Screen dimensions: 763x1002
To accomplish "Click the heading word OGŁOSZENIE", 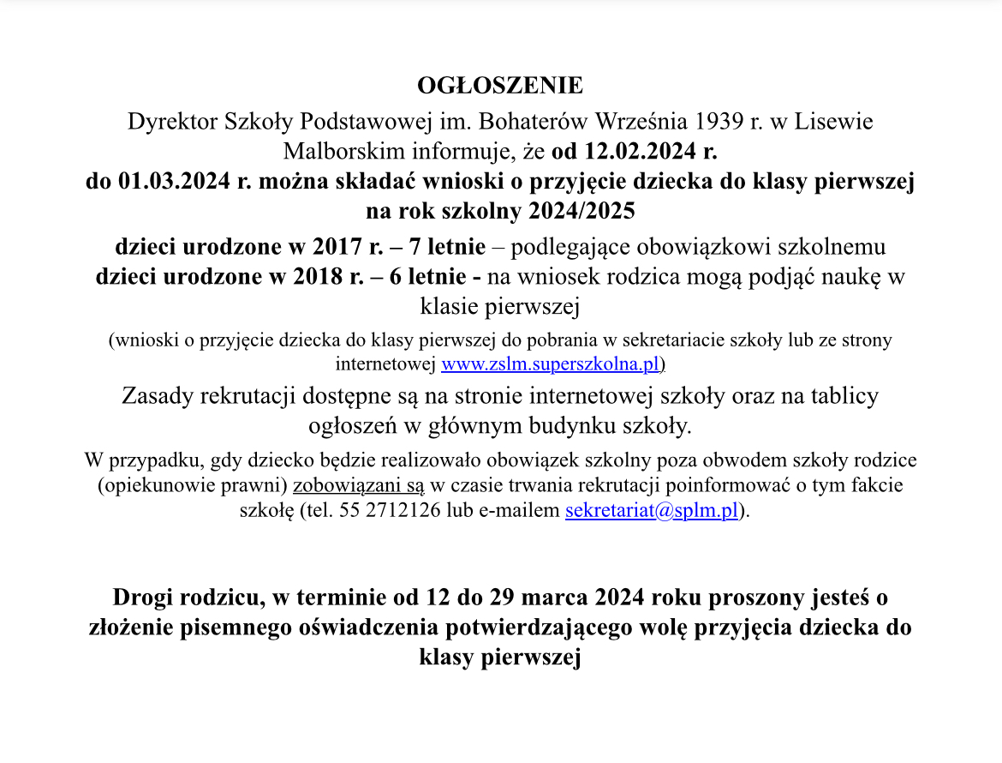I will click(x=500, y=86).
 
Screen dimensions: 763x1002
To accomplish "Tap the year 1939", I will click(x=719, y=121).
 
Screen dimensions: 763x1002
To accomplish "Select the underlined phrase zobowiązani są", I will click(x=358, y=485).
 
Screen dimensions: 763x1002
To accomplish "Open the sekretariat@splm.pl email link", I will click(x=651, y=512).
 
